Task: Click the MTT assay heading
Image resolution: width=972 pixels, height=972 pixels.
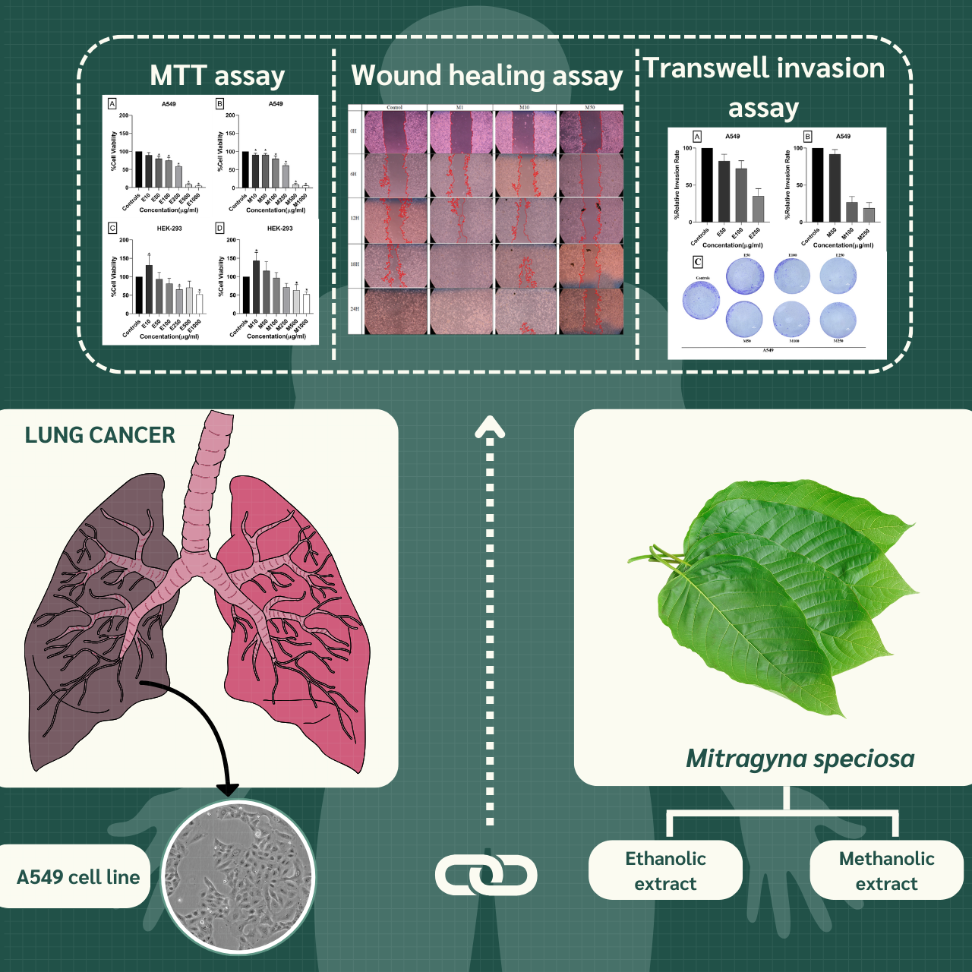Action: tap(217, 76)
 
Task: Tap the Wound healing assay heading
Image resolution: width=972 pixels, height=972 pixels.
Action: tap(486, 76)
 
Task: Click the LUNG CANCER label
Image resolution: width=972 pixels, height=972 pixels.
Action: tap(99, 435)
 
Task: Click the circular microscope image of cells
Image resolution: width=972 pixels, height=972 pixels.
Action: tap(238, 878)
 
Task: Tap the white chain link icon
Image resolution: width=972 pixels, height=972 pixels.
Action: tap(486, 875)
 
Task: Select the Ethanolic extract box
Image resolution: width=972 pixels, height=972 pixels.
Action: tap(665, 870)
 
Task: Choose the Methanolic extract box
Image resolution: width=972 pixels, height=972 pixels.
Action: tap(886, 870)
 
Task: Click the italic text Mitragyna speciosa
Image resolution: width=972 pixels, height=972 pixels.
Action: tap(800, 759)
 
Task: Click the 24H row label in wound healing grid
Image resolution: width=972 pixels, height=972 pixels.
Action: tap(355, 309)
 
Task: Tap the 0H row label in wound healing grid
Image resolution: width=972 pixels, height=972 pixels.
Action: tap(354, 131)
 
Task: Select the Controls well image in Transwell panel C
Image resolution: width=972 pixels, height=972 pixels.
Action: tap(701, 299)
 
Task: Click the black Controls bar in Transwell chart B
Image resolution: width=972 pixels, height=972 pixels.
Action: tap(817, 185)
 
